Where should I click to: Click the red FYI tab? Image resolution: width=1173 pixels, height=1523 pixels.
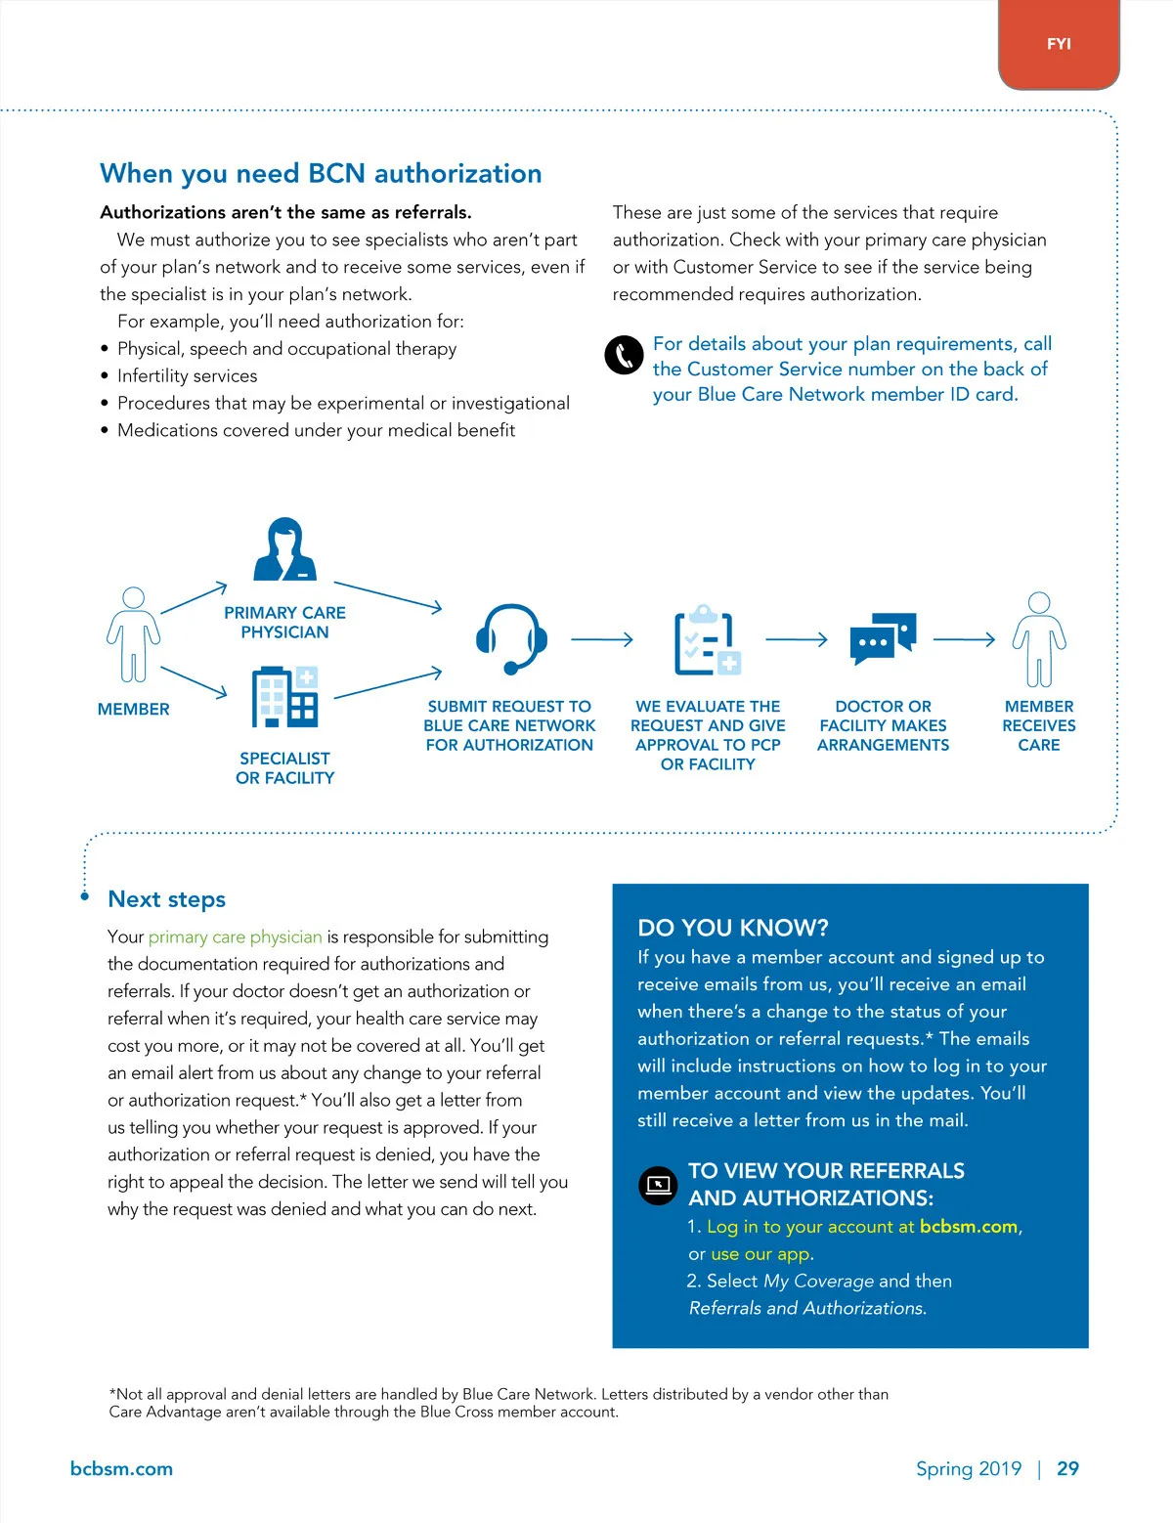coord(1059,44)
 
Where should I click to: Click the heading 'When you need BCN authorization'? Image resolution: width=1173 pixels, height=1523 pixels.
coord(321,174)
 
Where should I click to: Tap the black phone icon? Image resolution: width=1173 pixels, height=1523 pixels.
coord(624,355)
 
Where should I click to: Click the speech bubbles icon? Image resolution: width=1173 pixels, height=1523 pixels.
coord(883,638)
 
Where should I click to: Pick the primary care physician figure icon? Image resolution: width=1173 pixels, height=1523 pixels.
coord(284,549)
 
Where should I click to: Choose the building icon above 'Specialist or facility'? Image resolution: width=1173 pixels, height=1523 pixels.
coord(284,697)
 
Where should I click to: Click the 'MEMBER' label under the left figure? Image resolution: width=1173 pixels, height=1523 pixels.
coord(134,710)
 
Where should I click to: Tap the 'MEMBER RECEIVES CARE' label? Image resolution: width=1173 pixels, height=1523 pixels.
coord(1038,725)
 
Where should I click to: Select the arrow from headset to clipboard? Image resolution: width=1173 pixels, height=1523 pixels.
coord(602,640)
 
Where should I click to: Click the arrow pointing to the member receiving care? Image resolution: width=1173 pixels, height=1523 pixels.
coord(964,640)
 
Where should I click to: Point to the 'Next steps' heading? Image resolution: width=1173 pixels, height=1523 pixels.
coord(167,899)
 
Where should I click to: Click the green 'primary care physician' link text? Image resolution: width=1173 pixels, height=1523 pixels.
coord(235,937)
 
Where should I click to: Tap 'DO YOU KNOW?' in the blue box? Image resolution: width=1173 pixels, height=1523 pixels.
coord(733,928)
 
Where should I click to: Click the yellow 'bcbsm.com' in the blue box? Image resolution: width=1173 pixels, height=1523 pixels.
coord(969,1227)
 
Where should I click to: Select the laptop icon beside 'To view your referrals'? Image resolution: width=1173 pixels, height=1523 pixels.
coord(658,1185)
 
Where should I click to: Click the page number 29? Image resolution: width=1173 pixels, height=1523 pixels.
coord(1067,1468)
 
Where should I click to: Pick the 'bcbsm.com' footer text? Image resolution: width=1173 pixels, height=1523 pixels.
coord(121,1468)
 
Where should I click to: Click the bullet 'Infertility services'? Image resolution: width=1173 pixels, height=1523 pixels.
coord(187,376)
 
